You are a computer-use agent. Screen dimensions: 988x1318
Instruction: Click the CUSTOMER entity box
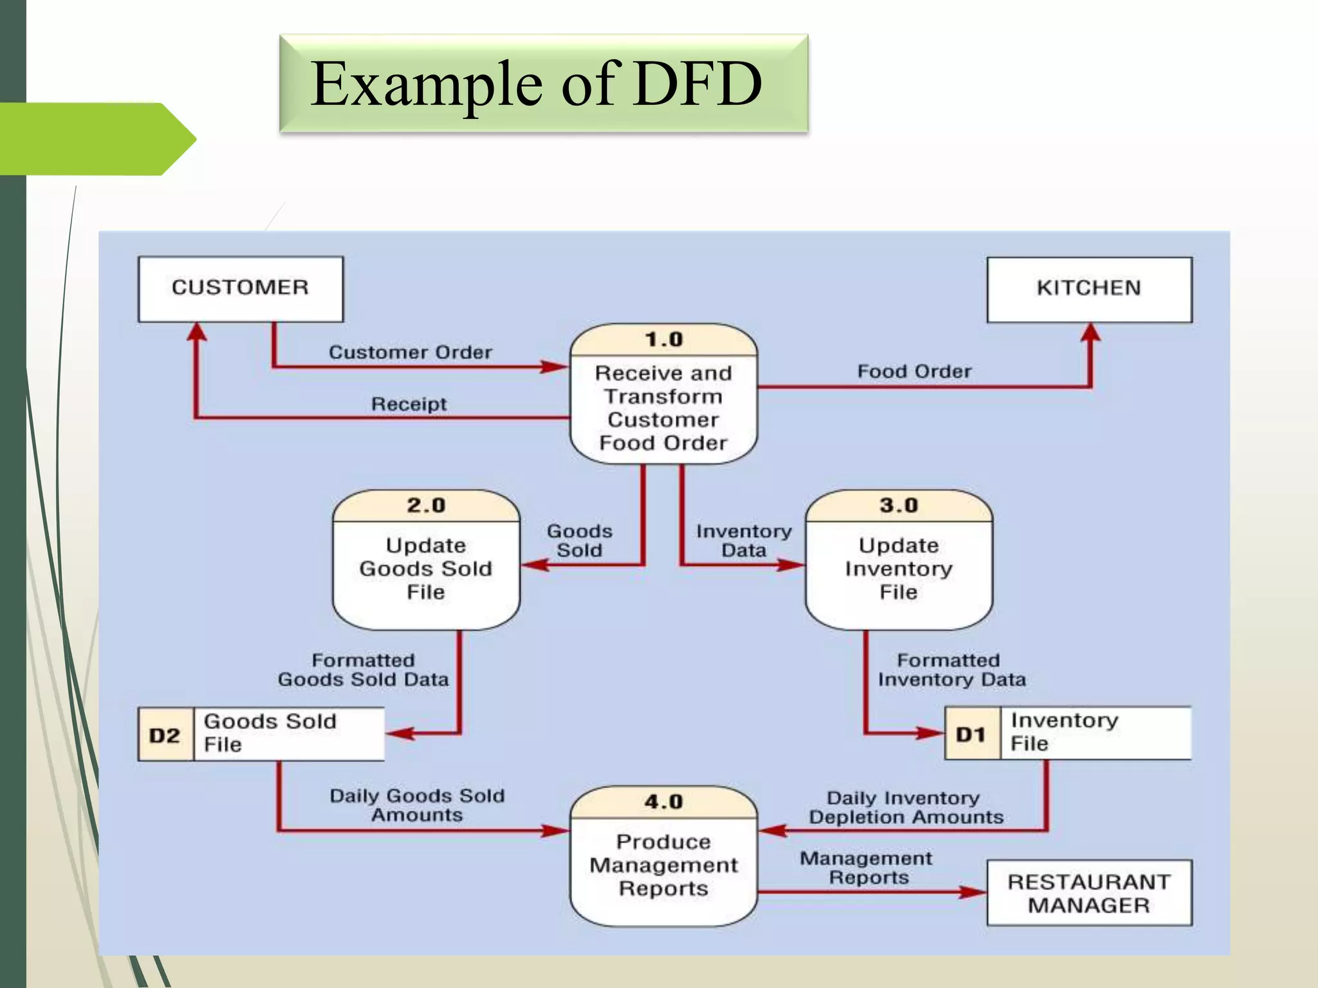[240, 288]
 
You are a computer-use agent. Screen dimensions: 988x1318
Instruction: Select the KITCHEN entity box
[1089, 289]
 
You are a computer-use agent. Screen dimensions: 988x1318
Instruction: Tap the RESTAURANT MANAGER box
[1089, 893]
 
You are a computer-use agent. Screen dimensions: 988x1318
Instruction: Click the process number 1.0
[664, 340]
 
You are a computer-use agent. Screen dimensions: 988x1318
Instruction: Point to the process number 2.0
[426, 506]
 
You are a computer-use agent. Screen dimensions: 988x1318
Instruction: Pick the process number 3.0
[898, 506]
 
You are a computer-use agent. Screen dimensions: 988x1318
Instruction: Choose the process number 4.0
[664, 802]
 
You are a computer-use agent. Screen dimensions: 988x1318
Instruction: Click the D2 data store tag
[165, 735]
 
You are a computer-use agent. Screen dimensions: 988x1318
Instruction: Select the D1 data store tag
[971, 734]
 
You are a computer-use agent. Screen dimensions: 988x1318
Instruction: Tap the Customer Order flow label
[411, 352]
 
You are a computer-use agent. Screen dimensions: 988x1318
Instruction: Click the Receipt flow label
[409, 404]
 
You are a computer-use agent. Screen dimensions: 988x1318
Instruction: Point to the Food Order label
[914, 372]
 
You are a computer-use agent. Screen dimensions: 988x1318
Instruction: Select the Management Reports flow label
[866, 868]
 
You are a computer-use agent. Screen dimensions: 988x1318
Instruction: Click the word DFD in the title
[698, 84]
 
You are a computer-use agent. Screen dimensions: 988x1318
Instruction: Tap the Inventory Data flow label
[744, 540]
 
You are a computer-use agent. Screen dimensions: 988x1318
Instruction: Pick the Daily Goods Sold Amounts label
[417, 805]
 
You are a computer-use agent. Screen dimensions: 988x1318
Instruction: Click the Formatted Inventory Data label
[951, 670]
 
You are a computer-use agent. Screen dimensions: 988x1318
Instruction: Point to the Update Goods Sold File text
[426, 569]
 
